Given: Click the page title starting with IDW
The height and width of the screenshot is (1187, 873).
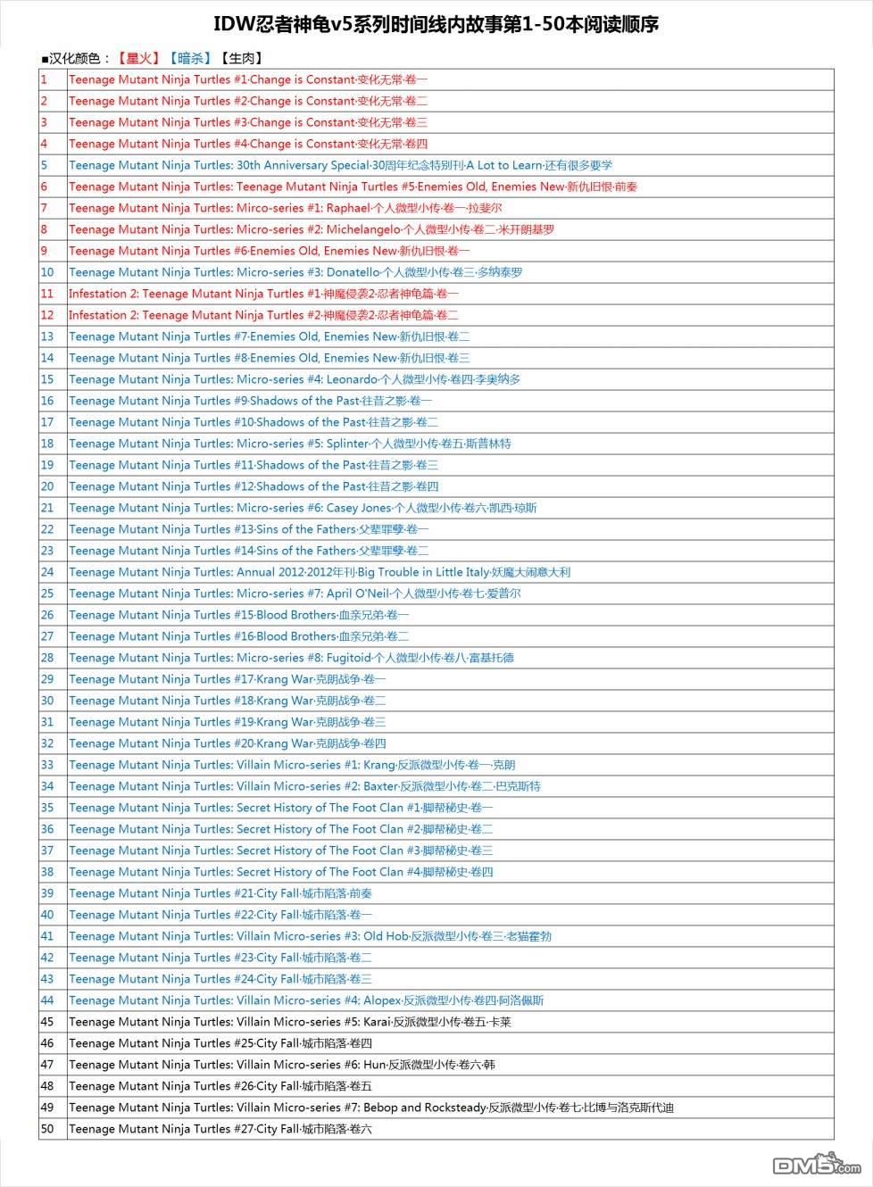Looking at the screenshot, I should [436, 25].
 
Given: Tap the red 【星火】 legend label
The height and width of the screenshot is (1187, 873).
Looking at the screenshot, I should [138, 59].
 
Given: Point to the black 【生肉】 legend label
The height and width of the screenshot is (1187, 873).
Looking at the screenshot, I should [241, 59].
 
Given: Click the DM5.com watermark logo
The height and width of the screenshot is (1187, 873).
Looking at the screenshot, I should [816, 1164].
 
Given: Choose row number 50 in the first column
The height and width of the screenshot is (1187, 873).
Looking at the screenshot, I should [47, 1129].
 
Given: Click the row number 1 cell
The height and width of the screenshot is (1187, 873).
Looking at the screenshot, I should [44, 79].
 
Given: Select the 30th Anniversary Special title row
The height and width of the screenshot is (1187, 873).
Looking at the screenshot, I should [340, 165].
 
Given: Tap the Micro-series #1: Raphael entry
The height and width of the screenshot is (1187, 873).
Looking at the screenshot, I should [285, 208].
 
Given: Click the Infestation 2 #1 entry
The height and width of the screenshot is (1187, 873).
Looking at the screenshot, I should [263, 294].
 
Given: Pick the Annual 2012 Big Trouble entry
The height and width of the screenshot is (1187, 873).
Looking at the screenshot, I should [319, 572].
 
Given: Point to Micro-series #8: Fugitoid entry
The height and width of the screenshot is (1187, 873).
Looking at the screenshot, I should [291, 658].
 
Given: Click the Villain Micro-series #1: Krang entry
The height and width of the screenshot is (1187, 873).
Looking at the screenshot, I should [292, 765].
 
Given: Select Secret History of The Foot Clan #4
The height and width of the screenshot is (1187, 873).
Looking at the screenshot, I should [280, 872].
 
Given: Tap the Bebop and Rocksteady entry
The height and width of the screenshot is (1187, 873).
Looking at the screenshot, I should [370, 1108].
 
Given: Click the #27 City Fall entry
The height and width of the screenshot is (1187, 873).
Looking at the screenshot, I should [220, 1129].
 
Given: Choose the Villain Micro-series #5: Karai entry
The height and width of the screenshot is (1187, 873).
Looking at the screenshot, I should [289, 1022].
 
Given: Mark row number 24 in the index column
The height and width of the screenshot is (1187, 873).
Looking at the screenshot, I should [47, 572].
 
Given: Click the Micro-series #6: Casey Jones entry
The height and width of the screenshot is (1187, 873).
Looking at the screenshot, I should [303, 508].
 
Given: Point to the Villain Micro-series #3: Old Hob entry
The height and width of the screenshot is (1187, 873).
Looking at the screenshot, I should [310, 936].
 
